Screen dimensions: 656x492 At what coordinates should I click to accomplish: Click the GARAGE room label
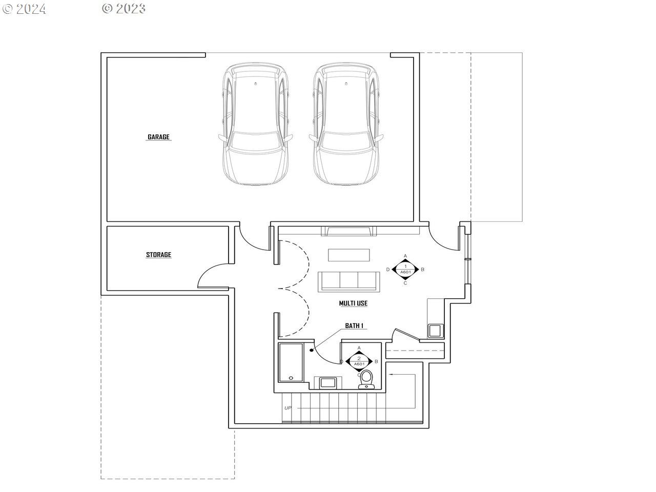coord(158,137)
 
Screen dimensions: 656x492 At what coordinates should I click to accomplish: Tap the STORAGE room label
coord(158,255)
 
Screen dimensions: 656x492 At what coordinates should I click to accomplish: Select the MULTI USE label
coord(353,303)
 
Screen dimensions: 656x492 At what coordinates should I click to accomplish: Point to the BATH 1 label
coord(354,325)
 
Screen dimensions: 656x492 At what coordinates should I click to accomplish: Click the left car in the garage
coord(256,124)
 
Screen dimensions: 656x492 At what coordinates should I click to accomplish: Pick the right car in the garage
coord(346,124)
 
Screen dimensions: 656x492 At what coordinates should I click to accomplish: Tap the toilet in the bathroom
coord(366,379)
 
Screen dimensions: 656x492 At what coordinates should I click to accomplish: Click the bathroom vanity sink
coord(328,383)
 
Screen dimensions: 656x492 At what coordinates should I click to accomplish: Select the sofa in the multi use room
coord(349,282)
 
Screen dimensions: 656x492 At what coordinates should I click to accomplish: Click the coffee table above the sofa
coord(349,255)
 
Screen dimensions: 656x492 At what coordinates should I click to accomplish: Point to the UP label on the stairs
coord(288,408)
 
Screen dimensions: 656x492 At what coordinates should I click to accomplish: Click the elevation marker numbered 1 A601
coord(405,270)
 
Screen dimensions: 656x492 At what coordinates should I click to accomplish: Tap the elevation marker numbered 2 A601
coord(359,362)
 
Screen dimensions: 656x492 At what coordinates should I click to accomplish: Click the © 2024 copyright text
coord(24,9)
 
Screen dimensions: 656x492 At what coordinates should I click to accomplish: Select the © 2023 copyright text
coord(124,9)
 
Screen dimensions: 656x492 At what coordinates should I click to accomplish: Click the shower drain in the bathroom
coord(291,378)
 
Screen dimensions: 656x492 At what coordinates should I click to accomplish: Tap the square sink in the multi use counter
coord(435,331)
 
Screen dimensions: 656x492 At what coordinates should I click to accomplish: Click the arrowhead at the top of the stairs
coord(391,374)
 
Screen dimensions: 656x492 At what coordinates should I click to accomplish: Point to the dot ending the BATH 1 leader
coord(312,350)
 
